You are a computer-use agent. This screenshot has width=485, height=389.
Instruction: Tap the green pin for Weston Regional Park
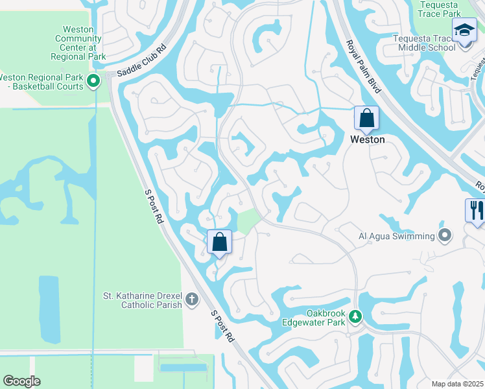click(93, 81)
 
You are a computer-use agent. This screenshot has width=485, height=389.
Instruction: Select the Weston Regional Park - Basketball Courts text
click(44, 82)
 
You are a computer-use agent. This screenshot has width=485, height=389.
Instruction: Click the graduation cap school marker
click(464, 32)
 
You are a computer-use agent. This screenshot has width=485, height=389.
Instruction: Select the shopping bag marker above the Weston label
click(366, 119)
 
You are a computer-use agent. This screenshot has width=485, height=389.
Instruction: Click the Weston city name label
click(367, 139)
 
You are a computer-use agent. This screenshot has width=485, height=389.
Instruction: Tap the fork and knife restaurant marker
click(475, 210)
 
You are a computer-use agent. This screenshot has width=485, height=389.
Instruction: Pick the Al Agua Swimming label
click(396, 236)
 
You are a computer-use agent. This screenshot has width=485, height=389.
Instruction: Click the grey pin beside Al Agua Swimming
click(445, 235)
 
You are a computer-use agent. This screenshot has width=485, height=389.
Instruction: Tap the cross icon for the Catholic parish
click(191, 299)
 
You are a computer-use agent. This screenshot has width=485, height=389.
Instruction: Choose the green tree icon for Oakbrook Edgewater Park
click(355, 316)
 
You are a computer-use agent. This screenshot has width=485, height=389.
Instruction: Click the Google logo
click(21, 381)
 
